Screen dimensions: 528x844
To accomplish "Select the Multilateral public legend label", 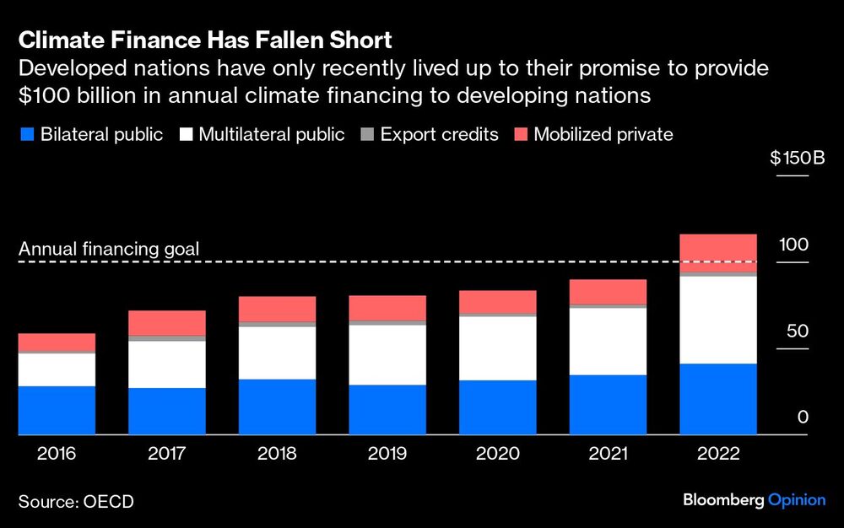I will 271,134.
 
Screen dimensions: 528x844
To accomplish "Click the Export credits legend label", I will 438,134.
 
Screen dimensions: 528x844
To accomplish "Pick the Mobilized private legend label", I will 603,134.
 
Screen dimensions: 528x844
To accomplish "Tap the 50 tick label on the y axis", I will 798,331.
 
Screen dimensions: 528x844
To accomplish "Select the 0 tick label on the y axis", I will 803,418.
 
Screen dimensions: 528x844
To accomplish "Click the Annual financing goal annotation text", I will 109,249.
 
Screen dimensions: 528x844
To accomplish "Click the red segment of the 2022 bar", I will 718,252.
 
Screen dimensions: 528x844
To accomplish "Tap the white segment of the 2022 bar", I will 718,320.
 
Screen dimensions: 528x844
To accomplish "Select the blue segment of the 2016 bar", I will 57,410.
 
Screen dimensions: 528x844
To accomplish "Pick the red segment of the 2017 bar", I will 167,322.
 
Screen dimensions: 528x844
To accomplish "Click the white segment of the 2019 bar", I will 387,354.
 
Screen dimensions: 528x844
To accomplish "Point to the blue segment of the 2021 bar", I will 608,405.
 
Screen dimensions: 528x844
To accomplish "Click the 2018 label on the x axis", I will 277,454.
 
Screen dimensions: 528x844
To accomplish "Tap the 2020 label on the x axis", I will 497,454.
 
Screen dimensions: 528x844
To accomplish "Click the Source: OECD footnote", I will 76,502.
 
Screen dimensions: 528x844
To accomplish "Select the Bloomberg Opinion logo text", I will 754,501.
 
